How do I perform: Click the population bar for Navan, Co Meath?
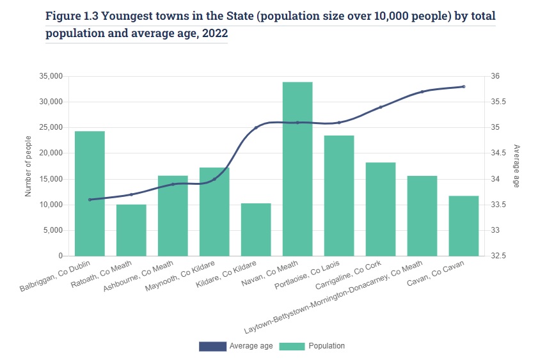click(297, 169)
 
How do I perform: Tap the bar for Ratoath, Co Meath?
click(131, 230)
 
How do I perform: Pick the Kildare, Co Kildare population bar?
click(256, 230)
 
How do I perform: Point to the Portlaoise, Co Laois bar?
click(339, 196)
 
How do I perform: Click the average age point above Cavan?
click(463, 86)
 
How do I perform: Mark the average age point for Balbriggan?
click(90, 200)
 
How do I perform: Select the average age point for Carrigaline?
click(381, 107)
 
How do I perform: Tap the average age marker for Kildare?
click(256, 128)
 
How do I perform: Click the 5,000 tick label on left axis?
click(52, 230)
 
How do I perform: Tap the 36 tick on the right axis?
click(496, 76)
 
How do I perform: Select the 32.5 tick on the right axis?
click(499, 256)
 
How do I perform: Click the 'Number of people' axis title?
click(28, 166)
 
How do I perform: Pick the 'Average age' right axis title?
click(516, 166)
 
